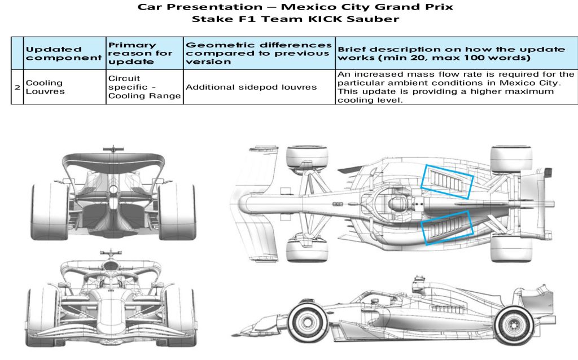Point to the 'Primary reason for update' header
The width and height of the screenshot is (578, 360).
pos(144,53)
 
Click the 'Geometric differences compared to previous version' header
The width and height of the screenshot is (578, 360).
pos(259,53)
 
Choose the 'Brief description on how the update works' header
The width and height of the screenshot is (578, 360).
pos(455,53)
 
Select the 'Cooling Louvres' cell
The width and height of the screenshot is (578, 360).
pos(45,87)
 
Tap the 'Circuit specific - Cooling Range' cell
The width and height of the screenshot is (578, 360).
pos(144,87)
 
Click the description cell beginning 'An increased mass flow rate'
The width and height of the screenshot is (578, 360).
pos(455,87)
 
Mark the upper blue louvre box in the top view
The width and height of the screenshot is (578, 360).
pos(448,182)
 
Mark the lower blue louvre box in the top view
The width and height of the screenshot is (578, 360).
pos(447,227)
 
